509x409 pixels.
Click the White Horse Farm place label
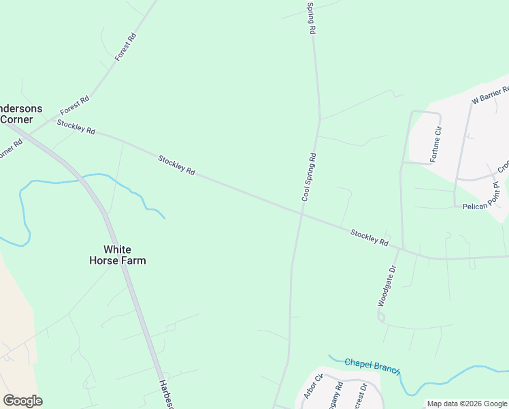tap(117, 255)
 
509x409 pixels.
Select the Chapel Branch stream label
tap(372, 365)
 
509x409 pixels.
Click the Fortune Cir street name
tap(436, 145)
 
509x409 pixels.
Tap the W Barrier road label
tap(491, 95)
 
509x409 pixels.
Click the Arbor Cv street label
tap(310, 387)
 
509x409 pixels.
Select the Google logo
tap(22, 401)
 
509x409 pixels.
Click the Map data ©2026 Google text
tap(467, 404)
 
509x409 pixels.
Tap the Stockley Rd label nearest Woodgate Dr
tap(369, 238)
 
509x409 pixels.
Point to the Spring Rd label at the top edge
tap(311, 18)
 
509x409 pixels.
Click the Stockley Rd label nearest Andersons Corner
tap(76, 127)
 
